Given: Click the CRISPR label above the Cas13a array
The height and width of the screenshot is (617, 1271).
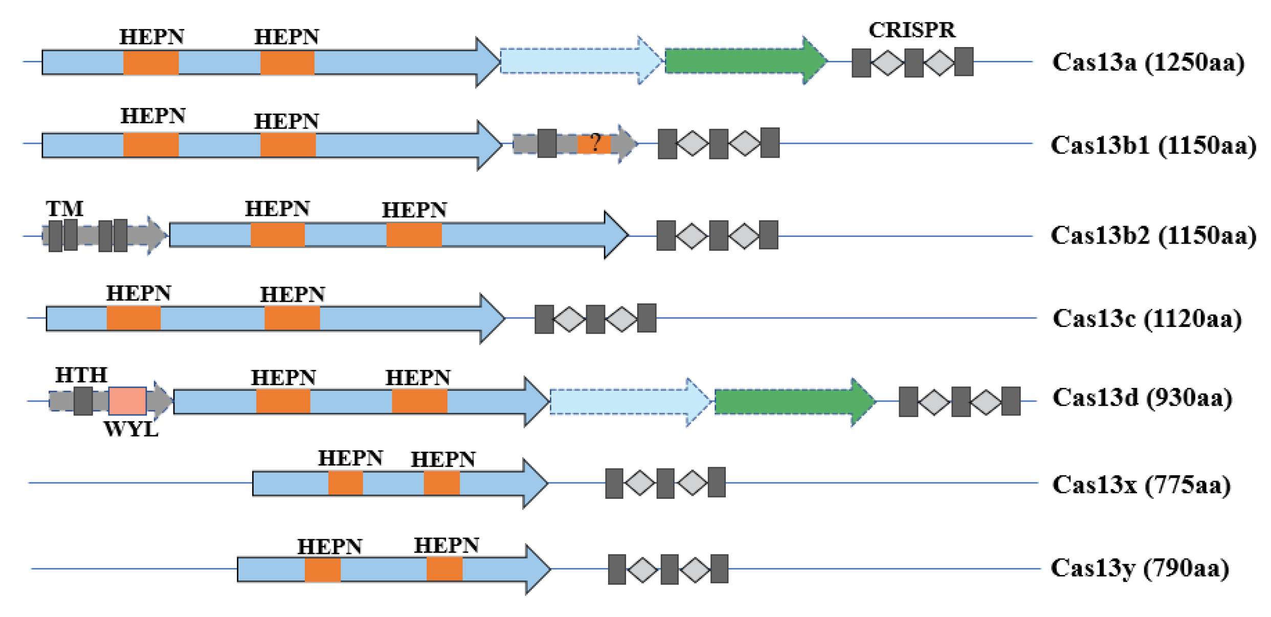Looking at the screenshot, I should tap(911, 30).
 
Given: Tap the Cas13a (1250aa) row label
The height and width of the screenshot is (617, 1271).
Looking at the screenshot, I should tap(1148, 62).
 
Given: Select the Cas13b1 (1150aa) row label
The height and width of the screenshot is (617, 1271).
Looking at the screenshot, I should tap(1153, 145).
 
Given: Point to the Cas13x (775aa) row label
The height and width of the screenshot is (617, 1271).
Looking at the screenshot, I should tap(1141, 484).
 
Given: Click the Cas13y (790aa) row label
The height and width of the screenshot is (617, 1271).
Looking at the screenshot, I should tap(1140, 568).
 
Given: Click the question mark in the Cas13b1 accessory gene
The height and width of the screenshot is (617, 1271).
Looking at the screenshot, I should tap(595, 143).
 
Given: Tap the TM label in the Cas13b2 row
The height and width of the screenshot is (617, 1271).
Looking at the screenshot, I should tap(64, 209).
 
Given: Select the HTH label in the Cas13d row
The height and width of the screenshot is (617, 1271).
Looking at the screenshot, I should tap(81, 375).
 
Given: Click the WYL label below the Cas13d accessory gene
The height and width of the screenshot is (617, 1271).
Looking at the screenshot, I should tap(131, 429).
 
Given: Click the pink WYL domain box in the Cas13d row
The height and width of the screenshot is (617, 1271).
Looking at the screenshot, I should tap(127, 401).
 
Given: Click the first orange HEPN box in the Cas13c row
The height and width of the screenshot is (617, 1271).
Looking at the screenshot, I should tap(133, 318).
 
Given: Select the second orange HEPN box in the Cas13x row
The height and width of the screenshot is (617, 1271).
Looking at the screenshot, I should tap(441, 483).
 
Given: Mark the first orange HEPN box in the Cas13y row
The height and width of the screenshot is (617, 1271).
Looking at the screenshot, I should tap(322, 569).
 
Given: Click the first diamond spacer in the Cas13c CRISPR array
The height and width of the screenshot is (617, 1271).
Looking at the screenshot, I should tap(569, 319).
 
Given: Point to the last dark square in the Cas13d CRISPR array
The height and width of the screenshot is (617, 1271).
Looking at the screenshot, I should tap(1010, 402).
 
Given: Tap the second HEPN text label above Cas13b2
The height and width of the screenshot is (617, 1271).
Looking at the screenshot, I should tap(414, 210).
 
